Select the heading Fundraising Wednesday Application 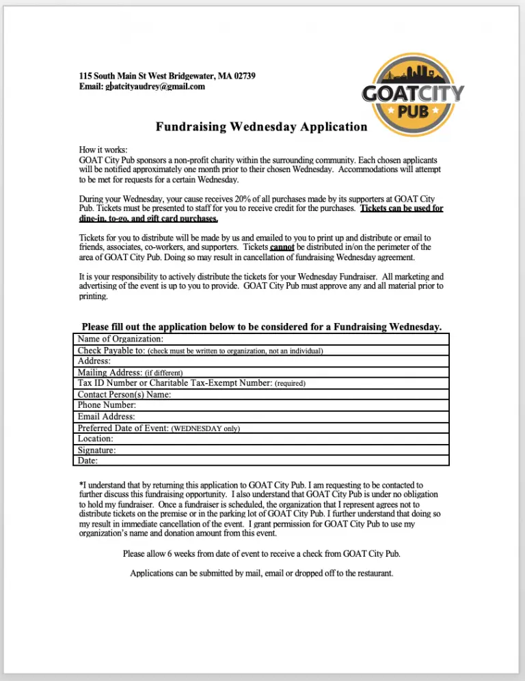pos(261,126)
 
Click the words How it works pos(103,150)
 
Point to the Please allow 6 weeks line pos(261,553)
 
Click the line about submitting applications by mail pos(261,573)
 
